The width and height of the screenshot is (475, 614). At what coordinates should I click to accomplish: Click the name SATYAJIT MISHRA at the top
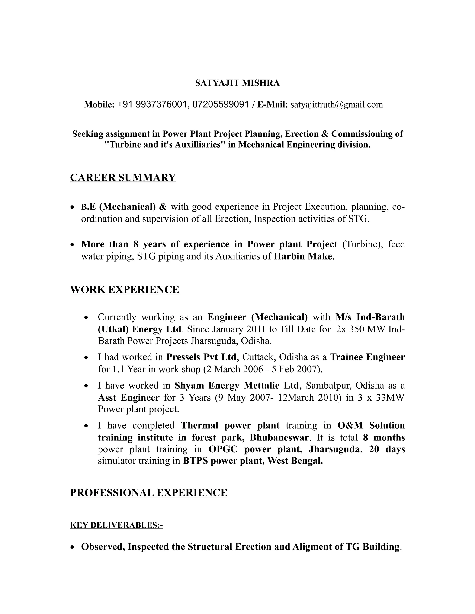coord(237,83)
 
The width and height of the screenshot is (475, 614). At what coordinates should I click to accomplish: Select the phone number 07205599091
coord(221,104)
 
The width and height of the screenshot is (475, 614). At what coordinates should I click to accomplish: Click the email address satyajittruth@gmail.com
coord(337,104)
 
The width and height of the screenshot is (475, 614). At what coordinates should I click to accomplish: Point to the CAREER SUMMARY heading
coord(123,178)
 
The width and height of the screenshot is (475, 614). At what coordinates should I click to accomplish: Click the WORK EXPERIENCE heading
coord(124,290)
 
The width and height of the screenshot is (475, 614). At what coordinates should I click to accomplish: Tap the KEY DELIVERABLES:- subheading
coord(116,525)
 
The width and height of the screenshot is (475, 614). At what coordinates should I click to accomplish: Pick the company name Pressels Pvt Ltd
coord(201,357)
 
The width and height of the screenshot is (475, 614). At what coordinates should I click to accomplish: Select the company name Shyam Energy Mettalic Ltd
coord(236,385)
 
